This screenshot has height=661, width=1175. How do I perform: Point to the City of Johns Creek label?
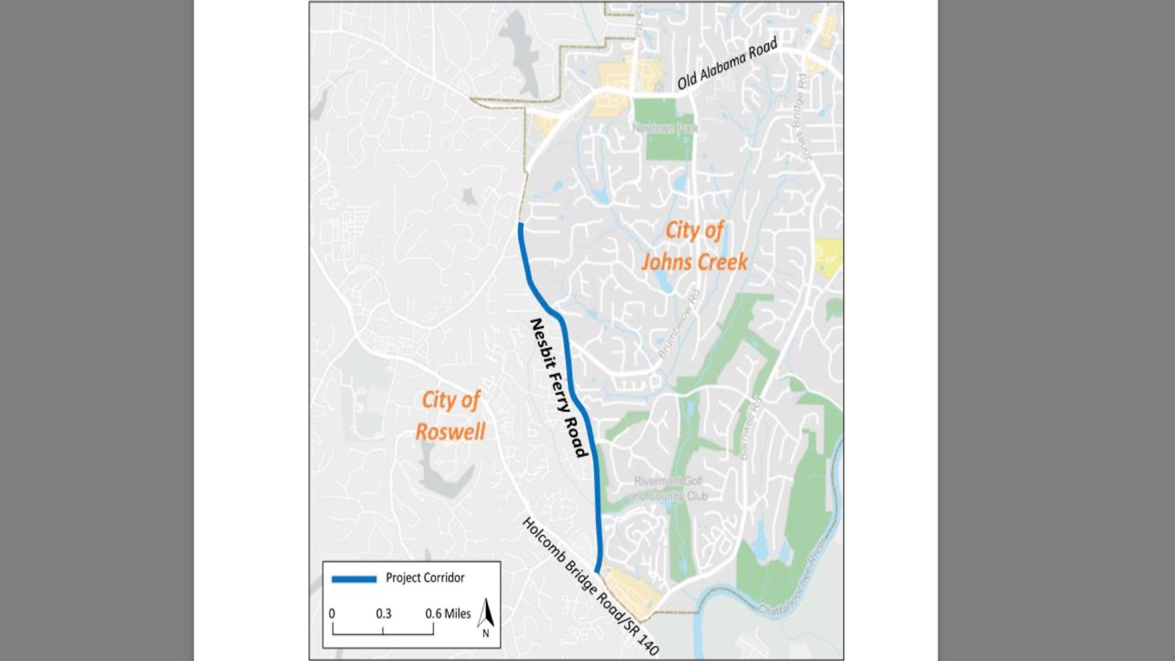click(694, 246)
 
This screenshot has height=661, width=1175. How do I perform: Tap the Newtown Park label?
click(666, 129)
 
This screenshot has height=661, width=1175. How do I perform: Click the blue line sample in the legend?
click(354, 579)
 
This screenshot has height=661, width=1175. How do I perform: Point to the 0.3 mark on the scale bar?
click(383, 614)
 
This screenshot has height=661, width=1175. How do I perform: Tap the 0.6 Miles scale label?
click(447, 614)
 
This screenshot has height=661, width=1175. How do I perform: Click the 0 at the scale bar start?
click(332, 614)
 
